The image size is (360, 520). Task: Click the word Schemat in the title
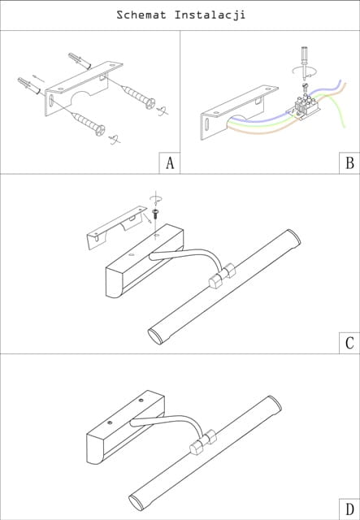[141, 15]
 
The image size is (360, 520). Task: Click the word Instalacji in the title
[210, 15]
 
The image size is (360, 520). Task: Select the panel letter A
[170, 163]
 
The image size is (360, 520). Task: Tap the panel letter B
[349, 163]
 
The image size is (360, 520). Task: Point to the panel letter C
[349, 343]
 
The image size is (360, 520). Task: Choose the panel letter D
[349, 509]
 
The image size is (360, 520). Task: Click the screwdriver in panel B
[304, 63]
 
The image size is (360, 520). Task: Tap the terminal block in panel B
[306, 106]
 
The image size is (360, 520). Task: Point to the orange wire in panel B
[266, 130]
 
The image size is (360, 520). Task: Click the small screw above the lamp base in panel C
[154, 213]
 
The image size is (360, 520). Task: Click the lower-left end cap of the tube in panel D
[136, 503]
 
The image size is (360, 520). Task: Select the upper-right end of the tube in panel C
[293, 236]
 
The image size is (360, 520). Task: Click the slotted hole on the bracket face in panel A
[51, 101]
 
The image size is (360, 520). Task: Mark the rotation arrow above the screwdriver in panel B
[304, 71]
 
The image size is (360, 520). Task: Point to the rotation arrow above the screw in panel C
[156, 198]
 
